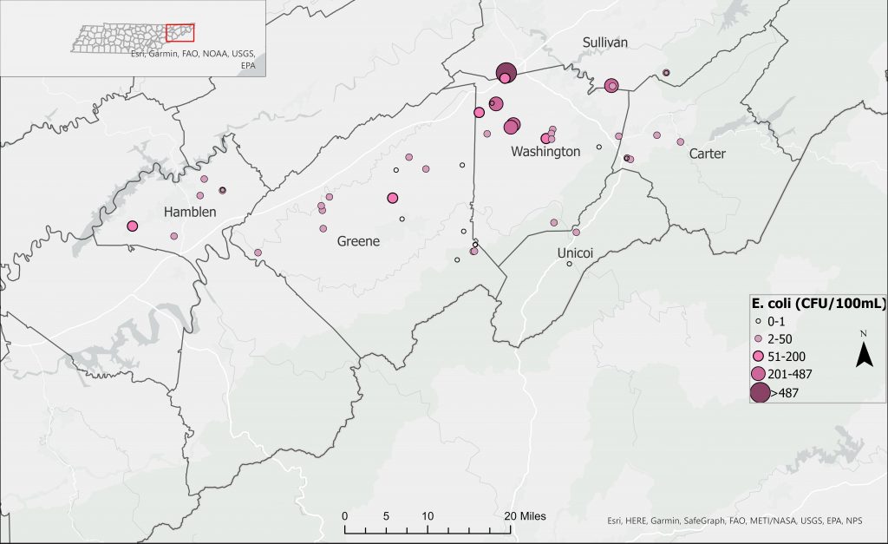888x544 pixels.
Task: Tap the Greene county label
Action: coord(358,242)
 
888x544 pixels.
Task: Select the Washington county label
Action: coord(545,152)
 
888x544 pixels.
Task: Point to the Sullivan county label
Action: coord(604,43)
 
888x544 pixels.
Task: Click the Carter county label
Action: coord(707,154)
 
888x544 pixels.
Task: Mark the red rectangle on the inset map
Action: coord(180,33)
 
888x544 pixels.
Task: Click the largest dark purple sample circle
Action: coord(506,72)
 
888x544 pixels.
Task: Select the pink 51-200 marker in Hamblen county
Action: coord(133,226)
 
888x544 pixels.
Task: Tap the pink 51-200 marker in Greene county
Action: coord(393,198)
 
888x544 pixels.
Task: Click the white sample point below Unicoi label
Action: coord(569,264)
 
